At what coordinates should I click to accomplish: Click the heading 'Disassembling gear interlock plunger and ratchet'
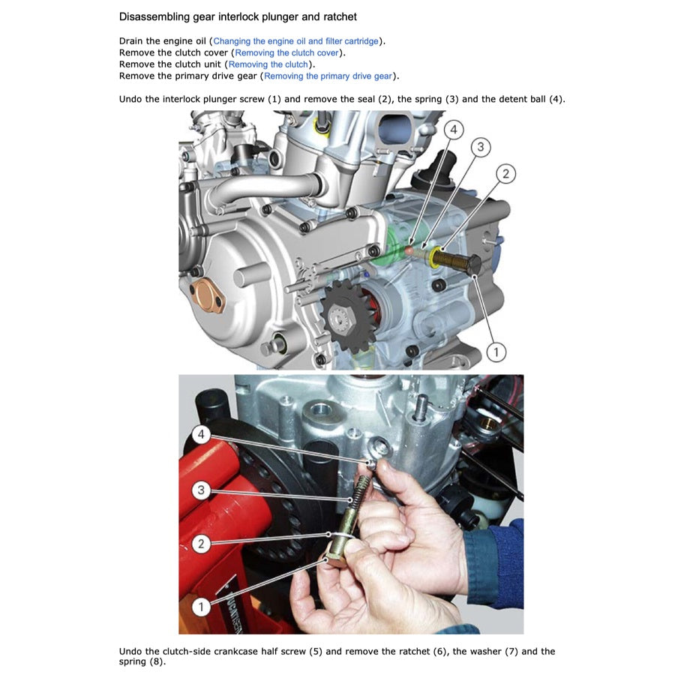(238, 16)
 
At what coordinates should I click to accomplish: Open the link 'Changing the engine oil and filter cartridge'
(296, 41)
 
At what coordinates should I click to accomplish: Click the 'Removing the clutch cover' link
(287, 53)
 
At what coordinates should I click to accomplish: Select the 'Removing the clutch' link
(268, 64)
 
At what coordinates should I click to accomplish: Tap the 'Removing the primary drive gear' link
(328, 76)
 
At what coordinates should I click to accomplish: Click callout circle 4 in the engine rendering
(452, 130)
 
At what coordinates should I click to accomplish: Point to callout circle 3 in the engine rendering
(480, 147)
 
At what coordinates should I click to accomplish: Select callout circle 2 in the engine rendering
(505, 174)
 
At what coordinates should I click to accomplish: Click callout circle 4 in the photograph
(200, 434)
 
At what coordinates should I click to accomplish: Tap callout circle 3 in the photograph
(200, 490)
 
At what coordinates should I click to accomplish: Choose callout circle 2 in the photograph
(200, 544)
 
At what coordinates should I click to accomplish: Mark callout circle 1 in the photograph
(200, 606)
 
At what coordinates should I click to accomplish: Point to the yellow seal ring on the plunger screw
(434, 259)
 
